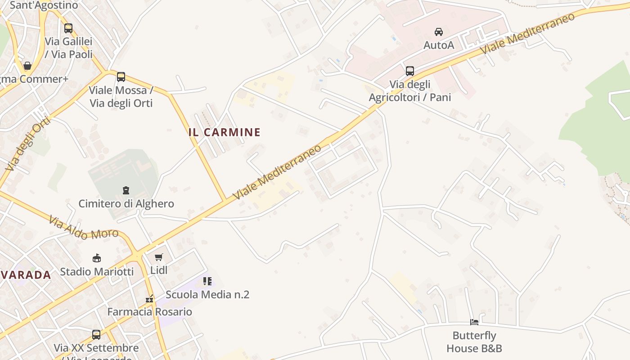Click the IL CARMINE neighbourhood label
[224, 132]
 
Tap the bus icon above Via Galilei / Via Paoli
[68, 28]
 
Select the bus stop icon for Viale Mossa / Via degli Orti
[121, 77]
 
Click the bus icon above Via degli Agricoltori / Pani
[410, 71]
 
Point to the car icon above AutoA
[438, 32]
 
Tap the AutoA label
[439, 45]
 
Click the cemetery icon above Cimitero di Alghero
[126, 190]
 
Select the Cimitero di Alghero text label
[126, 203]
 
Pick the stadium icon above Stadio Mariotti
[97, 258]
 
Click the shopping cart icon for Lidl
[158, 257]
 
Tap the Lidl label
[159, 270]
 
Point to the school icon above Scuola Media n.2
[207, 282]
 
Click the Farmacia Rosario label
[149, 311]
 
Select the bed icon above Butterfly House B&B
[474, 322]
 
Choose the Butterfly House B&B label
[474, 342]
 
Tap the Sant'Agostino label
[44, 5]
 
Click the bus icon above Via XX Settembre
[96, 335]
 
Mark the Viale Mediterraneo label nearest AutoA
[527, 33]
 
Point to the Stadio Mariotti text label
[97, 271]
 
